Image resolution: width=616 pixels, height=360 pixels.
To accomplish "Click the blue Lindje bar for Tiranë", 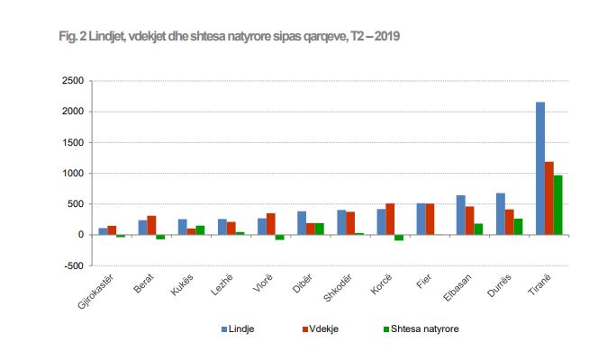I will tap(540, 168).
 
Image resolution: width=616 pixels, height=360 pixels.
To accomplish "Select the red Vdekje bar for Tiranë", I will tap(549, 198).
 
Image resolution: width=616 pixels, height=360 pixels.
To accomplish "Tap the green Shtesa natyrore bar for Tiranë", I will tap(558, 205).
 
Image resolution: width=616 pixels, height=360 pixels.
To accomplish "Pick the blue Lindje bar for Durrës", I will tap(501, 214).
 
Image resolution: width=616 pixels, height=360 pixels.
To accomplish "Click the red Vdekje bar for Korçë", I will tap(390, 220).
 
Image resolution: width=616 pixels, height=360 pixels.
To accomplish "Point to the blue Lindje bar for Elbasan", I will tap(461, 215).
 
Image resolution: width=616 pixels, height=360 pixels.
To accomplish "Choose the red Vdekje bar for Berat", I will tap(151, 225).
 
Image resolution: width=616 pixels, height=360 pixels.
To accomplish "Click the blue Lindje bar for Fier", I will tap(421, 219).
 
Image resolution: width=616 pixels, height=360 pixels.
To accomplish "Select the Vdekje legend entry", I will tap(313, 329).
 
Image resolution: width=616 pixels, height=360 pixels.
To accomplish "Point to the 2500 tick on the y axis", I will tap(73, 81).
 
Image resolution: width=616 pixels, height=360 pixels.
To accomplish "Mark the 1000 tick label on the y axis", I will tap(73, 174).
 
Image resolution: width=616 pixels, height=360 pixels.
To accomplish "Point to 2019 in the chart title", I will tap(386, 37).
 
